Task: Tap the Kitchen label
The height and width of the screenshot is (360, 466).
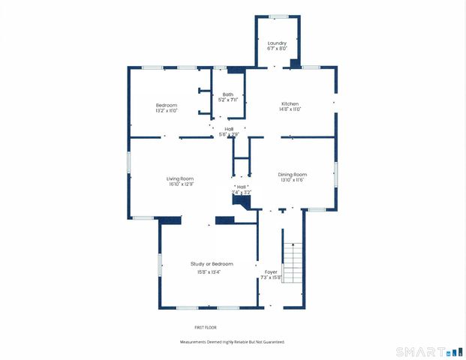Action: coord(290,103)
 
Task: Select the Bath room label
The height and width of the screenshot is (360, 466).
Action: coord(227,94)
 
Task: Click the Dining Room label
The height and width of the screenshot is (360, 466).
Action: coord(293,175)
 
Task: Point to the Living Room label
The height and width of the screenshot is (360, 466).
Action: coord(180,178)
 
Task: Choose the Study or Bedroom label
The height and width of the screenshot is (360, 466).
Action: coord(212,264)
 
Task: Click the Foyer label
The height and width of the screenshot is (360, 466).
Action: coord(271,271)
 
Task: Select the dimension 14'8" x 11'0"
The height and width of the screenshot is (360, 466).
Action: coord(290,109)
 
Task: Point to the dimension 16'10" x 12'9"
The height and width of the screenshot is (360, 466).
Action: coord(180,184)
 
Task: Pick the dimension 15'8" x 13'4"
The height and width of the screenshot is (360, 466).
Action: coord(212,271)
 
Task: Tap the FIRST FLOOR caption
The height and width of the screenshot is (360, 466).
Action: coord(206,328)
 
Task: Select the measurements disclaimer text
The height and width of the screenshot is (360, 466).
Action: coord(232,342)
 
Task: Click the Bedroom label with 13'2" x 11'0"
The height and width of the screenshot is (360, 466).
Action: coord(167,104)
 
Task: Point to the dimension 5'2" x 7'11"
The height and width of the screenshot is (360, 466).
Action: coord(227,100)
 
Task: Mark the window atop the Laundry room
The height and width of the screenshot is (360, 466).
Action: coord(278,16)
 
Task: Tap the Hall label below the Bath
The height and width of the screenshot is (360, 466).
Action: coord(229,128)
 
